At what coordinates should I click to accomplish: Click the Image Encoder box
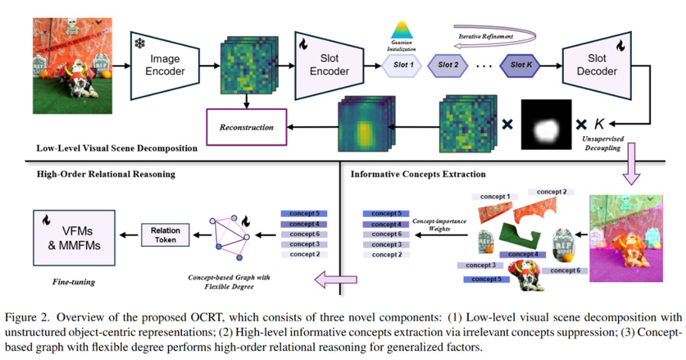pos(167,65)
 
